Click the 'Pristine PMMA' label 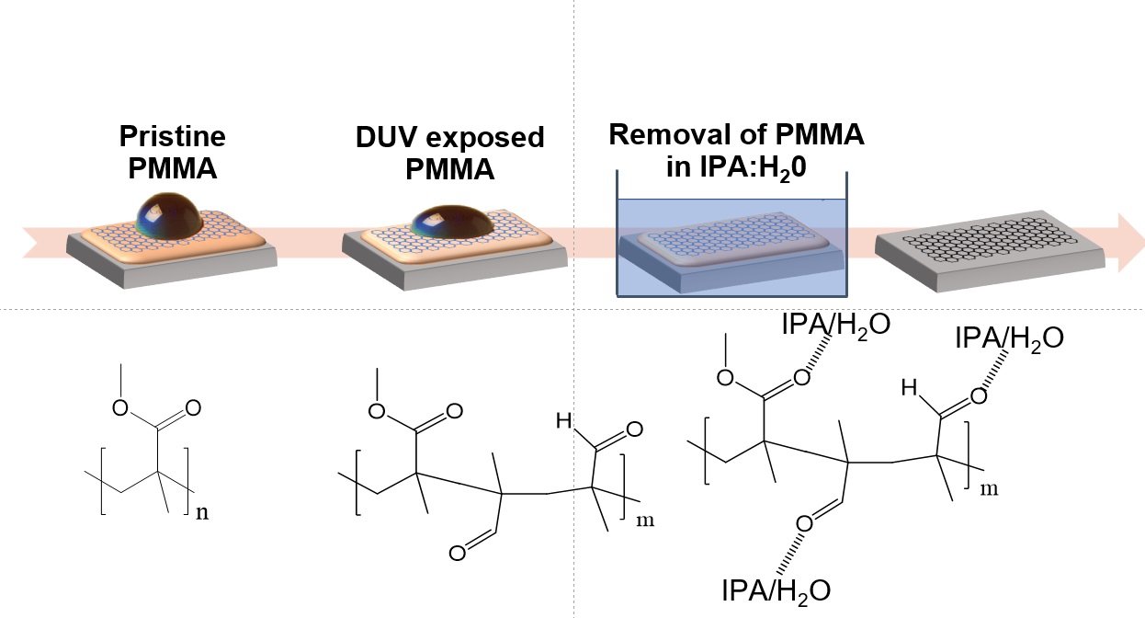pos(172,153)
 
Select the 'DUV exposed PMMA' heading pos(449,154)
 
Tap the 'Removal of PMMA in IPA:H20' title pos(738,150)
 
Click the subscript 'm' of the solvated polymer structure pos(990,488)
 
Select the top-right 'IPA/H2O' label pos(1009,338)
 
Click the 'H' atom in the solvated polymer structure pos(910,390)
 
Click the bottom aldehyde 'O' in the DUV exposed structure pos(457,553)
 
